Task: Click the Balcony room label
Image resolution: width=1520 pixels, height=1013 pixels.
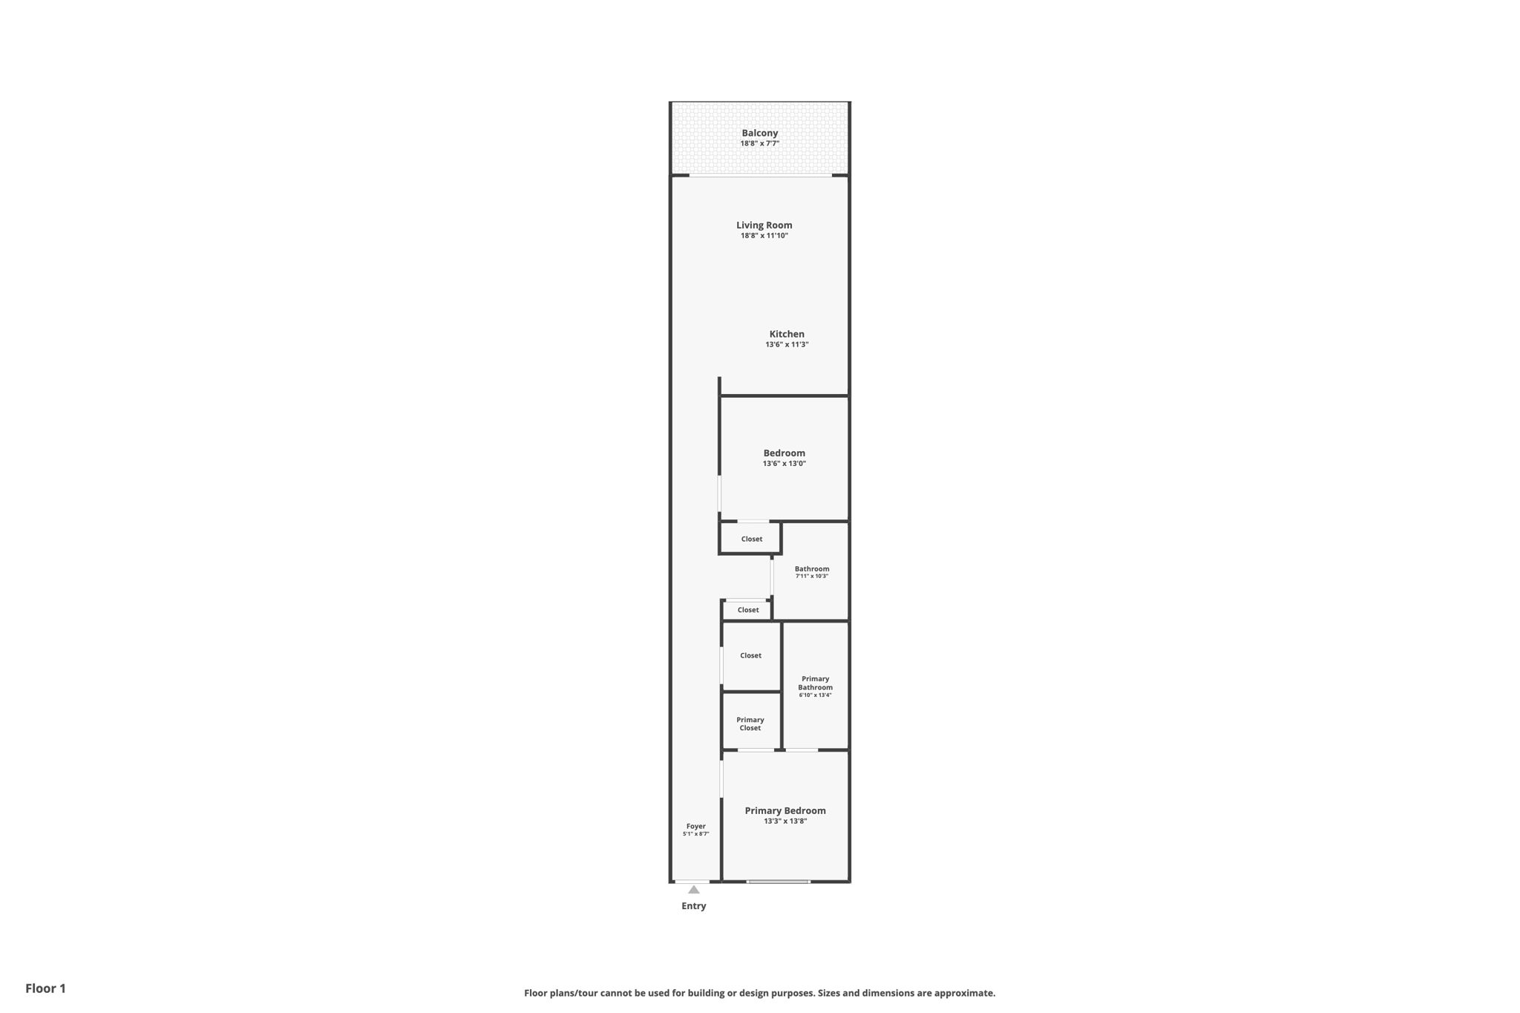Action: [760, 133]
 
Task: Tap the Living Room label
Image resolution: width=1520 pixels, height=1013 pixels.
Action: [764, 225]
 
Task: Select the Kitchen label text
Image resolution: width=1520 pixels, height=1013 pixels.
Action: [787, 334]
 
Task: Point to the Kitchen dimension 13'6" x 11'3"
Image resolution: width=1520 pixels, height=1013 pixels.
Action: [787, 344]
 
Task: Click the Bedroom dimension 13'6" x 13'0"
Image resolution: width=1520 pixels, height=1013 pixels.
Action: [784, 463]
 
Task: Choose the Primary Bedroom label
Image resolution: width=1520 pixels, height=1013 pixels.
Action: [785, 810]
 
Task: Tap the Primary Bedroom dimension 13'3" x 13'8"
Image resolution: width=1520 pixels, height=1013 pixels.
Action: [785, 821]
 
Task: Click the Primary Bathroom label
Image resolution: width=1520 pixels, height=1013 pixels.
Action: [815, 683]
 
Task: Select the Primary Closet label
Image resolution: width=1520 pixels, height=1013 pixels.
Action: [750, 724]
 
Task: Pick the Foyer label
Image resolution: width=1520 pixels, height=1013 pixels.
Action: [695, 826]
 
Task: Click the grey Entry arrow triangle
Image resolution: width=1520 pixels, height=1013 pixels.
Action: [693, 889]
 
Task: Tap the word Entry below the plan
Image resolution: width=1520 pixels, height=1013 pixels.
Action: [694, 905]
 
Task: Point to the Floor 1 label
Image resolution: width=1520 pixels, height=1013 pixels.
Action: [45, 988]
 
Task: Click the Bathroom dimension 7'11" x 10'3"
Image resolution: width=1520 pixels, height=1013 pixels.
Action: [812, 576]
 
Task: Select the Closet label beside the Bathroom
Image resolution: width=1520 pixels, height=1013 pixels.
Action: [748, 610]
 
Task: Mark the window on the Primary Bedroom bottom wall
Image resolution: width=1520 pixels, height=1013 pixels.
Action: [778, 882]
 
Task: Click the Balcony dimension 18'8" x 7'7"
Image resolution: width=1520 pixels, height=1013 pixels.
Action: [760, 143]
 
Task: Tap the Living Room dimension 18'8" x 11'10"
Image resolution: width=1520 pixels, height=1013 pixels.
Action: [764, 235]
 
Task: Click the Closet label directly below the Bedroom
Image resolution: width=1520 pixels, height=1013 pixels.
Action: [752, 539]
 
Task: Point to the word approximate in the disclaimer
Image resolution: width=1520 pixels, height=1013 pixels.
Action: [964, 993]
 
